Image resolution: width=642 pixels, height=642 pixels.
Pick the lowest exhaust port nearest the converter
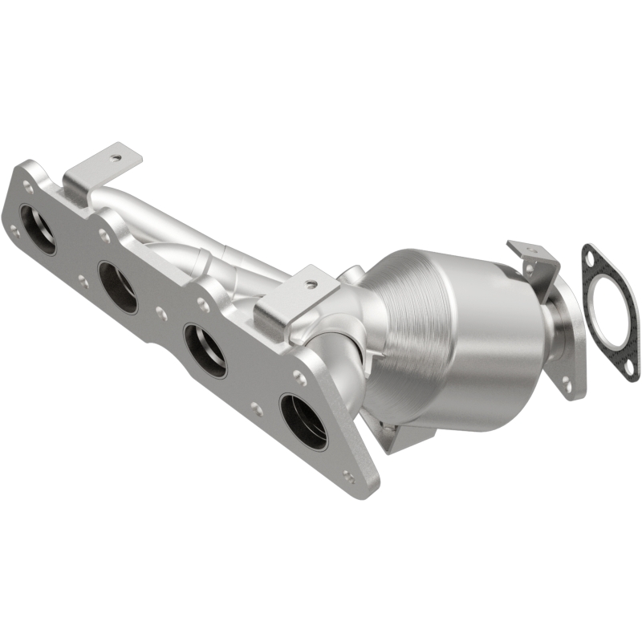303,421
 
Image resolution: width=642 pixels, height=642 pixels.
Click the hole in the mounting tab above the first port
116,158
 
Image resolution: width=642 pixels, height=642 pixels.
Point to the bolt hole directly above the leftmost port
29,187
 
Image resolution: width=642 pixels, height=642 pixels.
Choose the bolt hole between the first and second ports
83,281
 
